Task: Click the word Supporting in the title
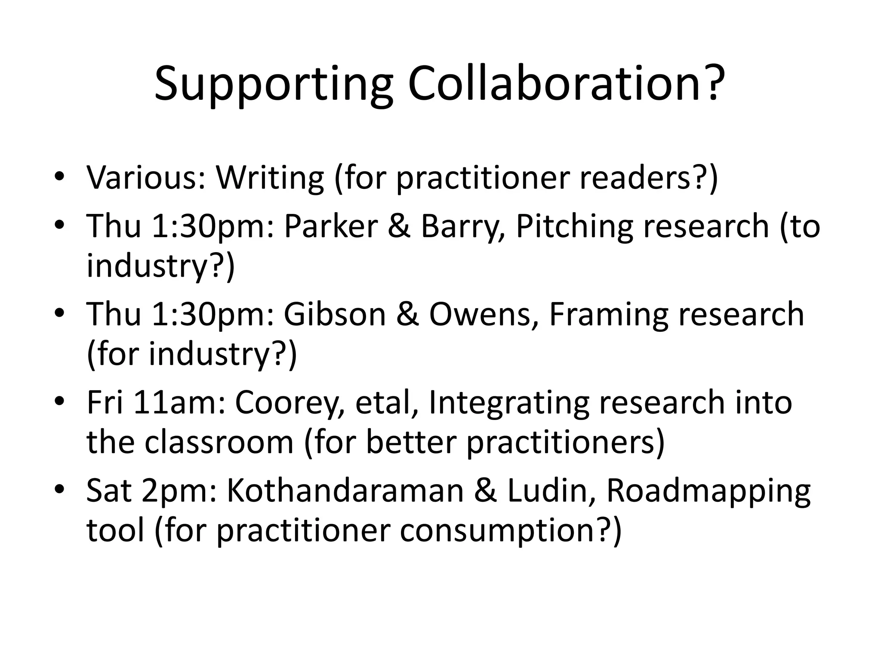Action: click(x=274, y=84)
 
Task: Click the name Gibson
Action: click(x=335, y=314)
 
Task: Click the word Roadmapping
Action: click(x=708, y=491)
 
